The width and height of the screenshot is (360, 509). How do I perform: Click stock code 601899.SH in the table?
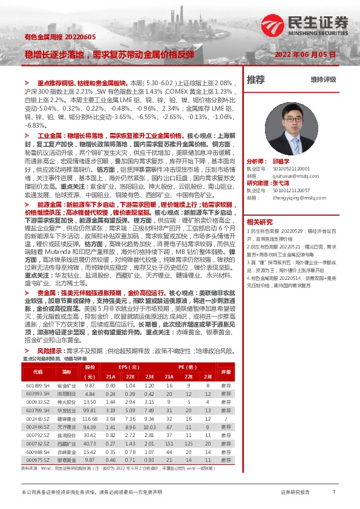[38, 385]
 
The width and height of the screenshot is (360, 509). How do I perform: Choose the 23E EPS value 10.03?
[149, 426]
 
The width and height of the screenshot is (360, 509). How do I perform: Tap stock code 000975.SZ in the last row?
[38, 460]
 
